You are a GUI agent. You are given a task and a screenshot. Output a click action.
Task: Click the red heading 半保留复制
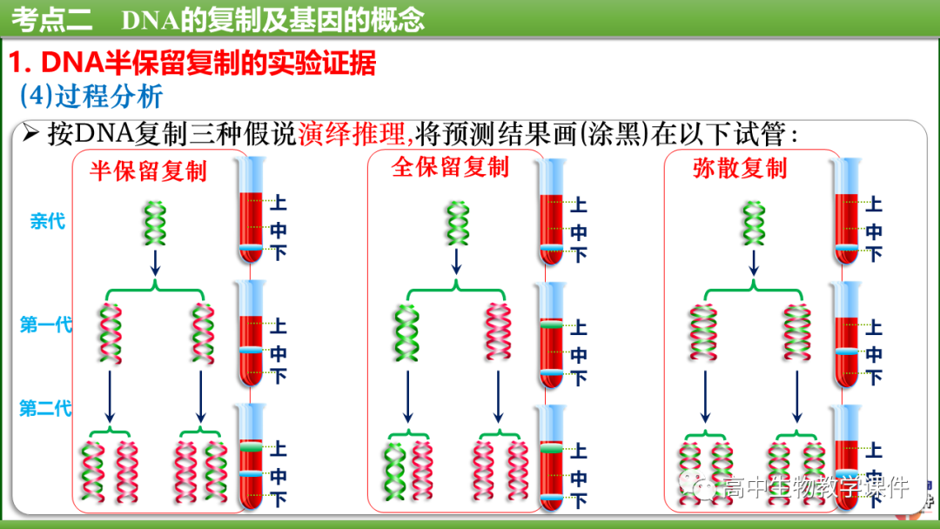coord(148,171)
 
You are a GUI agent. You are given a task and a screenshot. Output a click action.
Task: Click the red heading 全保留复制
coord(449,167)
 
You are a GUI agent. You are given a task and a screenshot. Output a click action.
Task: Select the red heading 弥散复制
coord(739,168)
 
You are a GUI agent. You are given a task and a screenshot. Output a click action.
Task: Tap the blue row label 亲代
coord(48,221)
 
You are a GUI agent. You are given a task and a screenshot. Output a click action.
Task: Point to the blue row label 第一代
coord(46,326)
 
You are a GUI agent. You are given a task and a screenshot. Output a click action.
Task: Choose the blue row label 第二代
coord(46,408)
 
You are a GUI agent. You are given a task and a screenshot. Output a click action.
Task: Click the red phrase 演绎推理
coord(353,134)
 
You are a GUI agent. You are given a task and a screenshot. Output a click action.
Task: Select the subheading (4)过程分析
coord(91,96)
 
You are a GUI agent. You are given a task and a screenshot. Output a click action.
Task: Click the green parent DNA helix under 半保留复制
coord(155,223)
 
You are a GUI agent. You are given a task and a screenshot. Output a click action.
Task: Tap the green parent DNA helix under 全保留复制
coord(455,223)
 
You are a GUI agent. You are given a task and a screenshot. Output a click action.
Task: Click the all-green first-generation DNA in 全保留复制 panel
coord(406,332)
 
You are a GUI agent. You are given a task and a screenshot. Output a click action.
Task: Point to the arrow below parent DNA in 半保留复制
coord(155,263)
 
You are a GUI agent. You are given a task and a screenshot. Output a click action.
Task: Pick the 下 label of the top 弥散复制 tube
coord(874,254)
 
